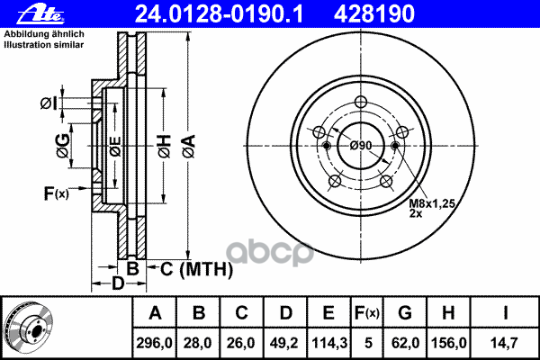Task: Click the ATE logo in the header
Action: click(x=40, y=14)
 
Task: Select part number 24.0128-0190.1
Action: click(x=219, y=14)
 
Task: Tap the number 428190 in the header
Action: click(x=374, y=14)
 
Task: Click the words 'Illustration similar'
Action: click(x=44, y=45)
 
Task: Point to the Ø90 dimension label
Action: click(x=361, y=146)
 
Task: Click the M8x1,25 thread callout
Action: click(x=432, y=203)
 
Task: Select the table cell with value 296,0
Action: click(x=154, y=343)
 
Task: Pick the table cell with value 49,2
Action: click(x=284, y=343)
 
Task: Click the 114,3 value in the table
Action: click(x=328, y=343)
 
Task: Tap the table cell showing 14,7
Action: click(x=504, y=343)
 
